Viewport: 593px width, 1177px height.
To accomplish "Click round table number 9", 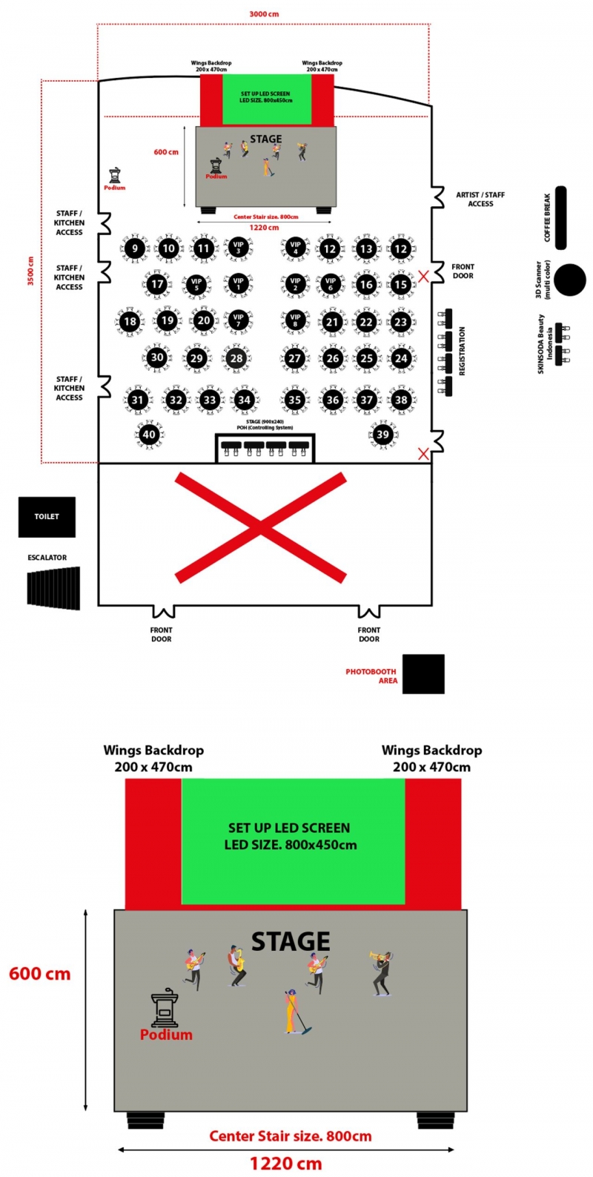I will tap(135, 248).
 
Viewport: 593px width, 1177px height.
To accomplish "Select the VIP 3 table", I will tap(238, 248).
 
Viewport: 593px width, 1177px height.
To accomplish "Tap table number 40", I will tap(149, 435).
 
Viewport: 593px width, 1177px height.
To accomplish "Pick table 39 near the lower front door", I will tap(382, 435).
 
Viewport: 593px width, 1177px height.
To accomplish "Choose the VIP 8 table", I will tap(295, 320).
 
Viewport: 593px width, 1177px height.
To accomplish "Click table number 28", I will tap(236, 358).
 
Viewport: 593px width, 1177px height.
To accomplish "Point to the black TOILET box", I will tap(47, 516).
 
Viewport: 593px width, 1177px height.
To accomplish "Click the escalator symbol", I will tap(54, 588).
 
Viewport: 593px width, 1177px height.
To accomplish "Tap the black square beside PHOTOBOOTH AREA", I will tap(423, 673).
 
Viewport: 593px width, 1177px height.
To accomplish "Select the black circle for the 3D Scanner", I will tap(570, 280).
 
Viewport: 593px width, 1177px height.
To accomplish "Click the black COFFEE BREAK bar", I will tap(560, 217).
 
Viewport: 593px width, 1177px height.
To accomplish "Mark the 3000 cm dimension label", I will tap(264, 14).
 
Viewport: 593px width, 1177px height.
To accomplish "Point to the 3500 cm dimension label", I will tap(30, 271).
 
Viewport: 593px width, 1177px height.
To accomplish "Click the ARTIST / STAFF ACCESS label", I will tap(480, 199).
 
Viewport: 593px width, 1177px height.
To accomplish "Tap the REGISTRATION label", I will tap(463, 351).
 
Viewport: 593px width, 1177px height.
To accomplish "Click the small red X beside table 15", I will tap(423, 276).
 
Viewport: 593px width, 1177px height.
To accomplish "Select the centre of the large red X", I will tap(260, 527).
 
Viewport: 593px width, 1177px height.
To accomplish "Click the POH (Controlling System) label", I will tap(265, 428).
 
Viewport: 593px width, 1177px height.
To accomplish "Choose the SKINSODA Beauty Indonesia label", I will tap(545, 343).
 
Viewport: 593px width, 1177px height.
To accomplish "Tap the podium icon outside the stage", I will tap(114, 176).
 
